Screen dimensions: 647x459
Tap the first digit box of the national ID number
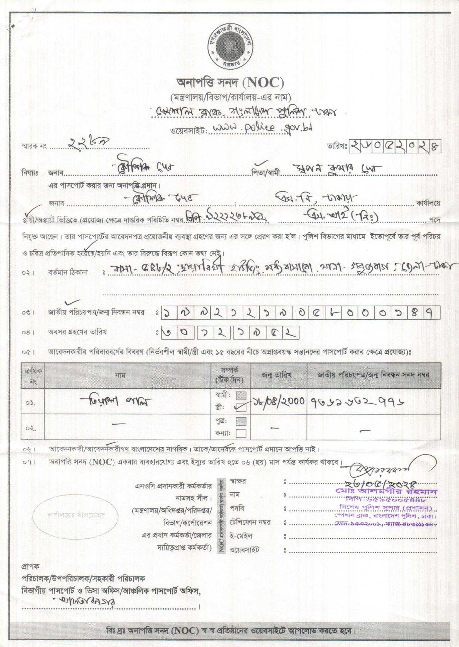(x=168, y=313)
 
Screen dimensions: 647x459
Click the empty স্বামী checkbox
(x=241, y=395)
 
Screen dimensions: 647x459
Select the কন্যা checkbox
(x=241, y=434)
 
